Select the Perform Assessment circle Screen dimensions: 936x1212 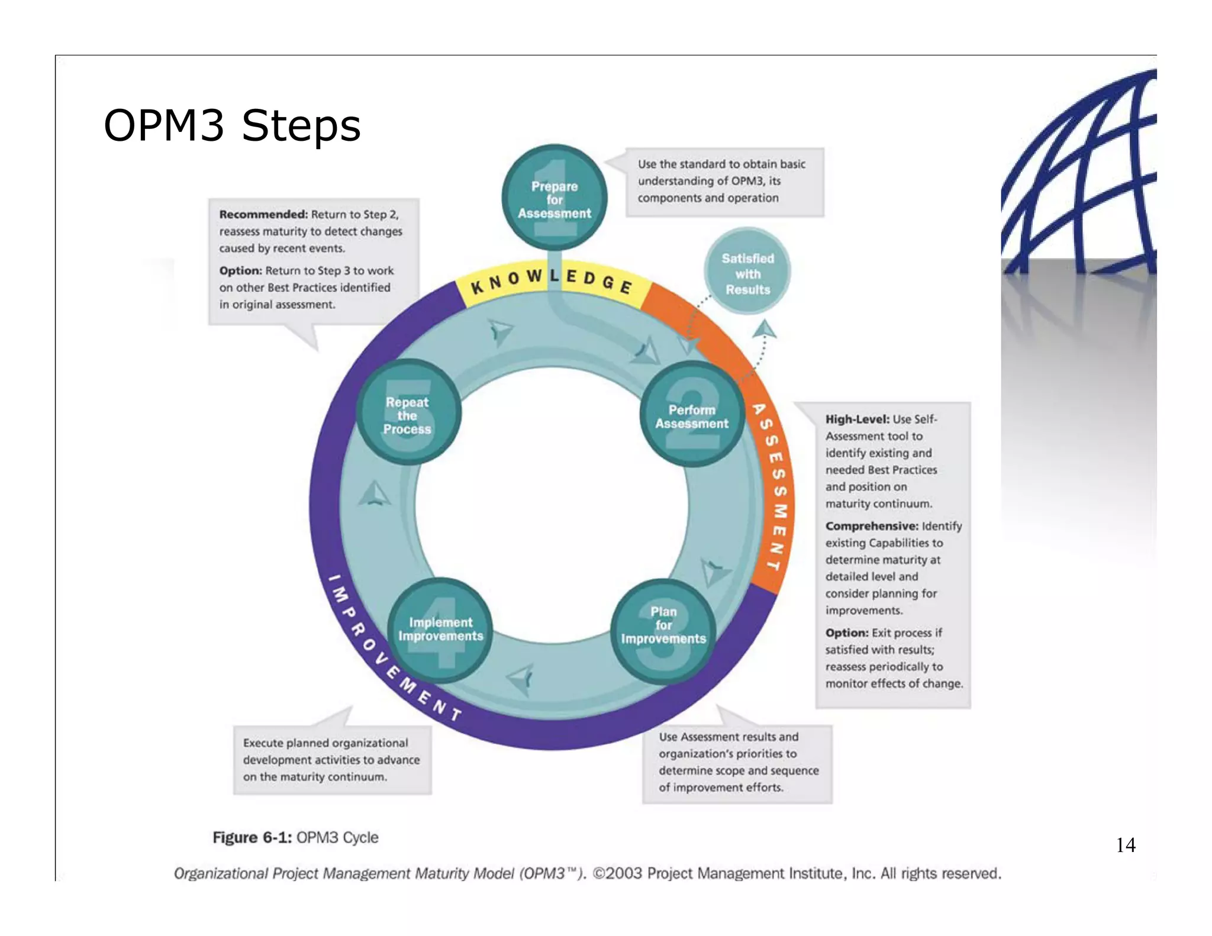(x=691, y=415)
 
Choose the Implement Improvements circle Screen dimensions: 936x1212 (x=440, y=631)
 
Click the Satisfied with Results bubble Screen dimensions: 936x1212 (x=747, y=272)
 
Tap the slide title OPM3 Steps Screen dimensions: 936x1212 (x=232, y=125)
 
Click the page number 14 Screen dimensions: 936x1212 (x=1125, y=845)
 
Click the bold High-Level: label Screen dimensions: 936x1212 (x=857, y=419)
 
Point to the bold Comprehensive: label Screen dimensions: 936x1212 (x=871, y=526)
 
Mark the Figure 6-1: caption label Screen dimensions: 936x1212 (x=252, y=837)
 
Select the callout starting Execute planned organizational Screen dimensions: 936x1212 (x=331, y=760)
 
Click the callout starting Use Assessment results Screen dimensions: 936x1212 (x=737, y=762)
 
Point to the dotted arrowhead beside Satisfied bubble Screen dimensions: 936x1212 (x=765, y=328)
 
